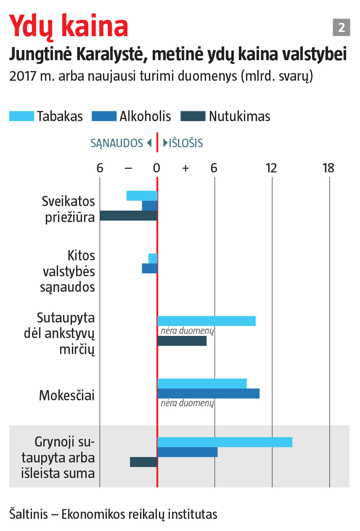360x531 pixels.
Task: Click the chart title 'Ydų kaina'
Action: tap(69, 26)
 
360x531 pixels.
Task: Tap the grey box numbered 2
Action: tap(341, 27)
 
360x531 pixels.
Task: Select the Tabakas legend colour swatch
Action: tap(22, 116)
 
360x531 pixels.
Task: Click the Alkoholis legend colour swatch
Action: tap(104, 116)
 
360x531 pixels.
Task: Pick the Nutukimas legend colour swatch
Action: tap(193, 116)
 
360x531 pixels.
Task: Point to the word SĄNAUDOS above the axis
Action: tap(117, 143)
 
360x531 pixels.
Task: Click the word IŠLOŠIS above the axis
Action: tap(186, 143)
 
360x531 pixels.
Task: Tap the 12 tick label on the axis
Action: tap(271, 168)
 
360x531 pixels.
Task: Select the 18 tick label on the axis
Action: tap(328, 168)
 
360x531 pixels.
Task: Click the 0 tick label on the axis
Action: tap(156, 168)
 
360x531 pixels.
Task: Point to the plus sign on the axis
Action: tap(186, 168)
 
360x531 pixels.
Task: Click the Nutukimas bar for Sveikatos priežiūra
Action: tap(129, 216)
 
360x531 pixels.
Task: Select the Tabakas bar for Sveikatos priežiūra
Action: tap(142, 196)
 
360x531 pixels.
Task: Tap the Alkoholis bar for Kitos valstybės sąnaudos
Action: tap(150, 268)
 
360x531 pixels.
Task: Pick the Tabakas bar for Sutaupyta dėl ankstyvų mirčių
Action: tap(206, 321)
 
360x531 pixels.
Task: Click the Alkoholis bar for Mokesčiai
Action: tap(208, 394)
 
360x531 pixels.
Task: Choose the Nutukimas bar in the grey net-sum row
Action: tap(144, 462)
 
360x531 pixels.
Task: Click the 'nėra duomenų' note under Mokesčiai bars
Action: tap(187, 403)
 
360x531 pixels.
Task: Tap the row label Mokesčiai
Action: tap(67, 396)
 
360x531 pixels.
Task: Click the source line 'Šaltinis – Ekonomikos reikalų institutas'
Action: tap(113, 514)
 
